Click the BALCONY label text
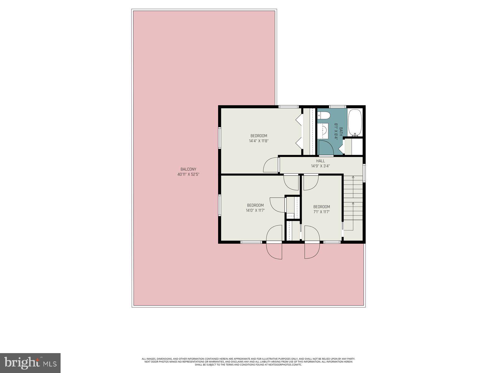[x=188, y=169]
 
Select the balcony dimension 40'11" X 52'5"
[x=188, y=174]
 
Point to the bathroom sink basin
[x=324, y=131]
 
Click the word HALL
[x=320, y=161]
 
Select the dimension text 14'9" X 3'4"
[x=320, y=166]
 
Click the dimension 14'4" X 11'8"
[x=258, y=141]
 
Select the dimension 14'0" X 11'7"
[x=255, y=210]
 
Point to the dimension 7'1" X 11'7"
[x=321, y=212]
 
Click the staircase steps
[x=353, y=199]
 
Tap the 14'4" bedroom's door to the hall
[x=271, y=165]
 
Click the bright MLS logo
[x=30, y=362]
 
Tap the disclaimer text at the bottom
[x=248, y=361]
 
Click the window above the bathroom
[x=337, y=107]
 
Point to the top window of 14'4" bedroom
[x=288, y=107]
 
